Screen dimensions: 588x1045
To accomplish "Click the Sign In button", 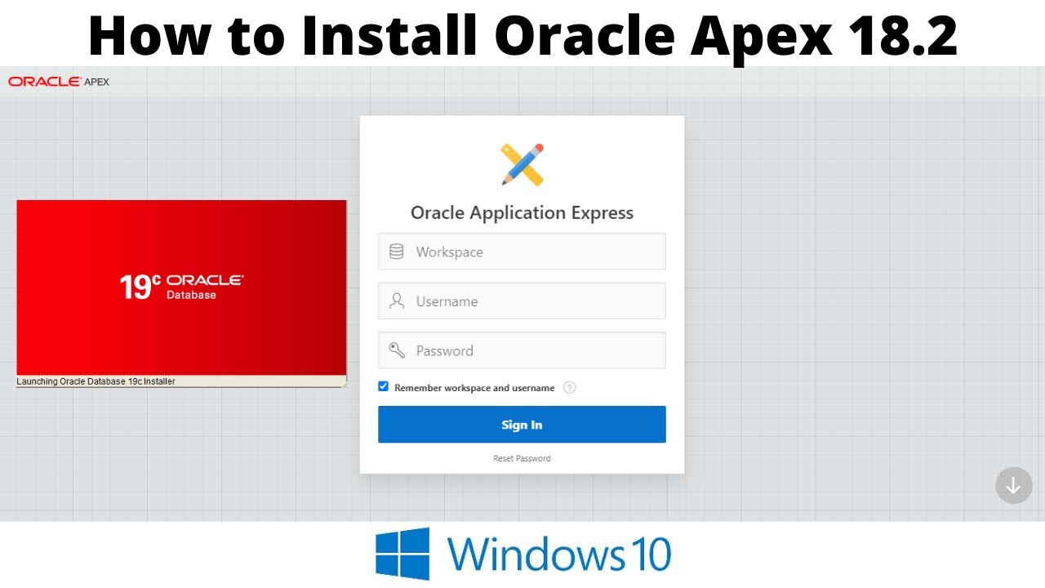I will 522,425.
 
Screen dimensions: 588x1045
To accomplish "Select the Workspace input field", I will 531,252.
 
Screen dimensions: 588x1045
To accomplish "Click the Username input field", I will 531,301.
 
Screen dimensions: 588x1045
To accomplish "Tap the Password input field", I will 531,350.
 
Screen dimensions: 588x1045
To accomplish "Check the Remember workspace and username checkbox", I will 383,387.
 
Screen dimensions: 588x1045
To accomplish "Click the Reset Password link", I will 522,458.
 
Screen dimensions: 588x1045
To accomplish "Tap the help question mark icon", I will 570,388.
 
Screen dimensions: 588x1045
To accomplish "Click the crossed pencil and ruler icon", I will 522,164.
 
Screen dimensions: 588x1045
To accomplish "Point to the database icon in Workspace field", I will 397,252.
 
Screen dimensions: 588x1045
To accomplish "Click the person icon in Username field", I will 397,301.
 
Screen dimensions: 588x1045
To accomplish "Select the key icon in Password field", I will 397,350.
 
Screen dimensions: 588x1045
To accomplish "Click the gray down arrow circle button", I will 1013,485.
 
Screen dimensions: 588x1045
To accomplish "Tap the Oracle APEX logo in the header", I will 59,82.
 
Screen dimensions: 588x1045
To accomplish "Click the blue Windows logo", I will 402,554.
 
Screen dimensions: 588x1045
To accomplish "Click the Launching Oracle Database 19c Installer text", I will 96,381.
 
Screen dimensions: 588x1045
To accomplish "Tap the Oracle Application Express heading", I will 522,213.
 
